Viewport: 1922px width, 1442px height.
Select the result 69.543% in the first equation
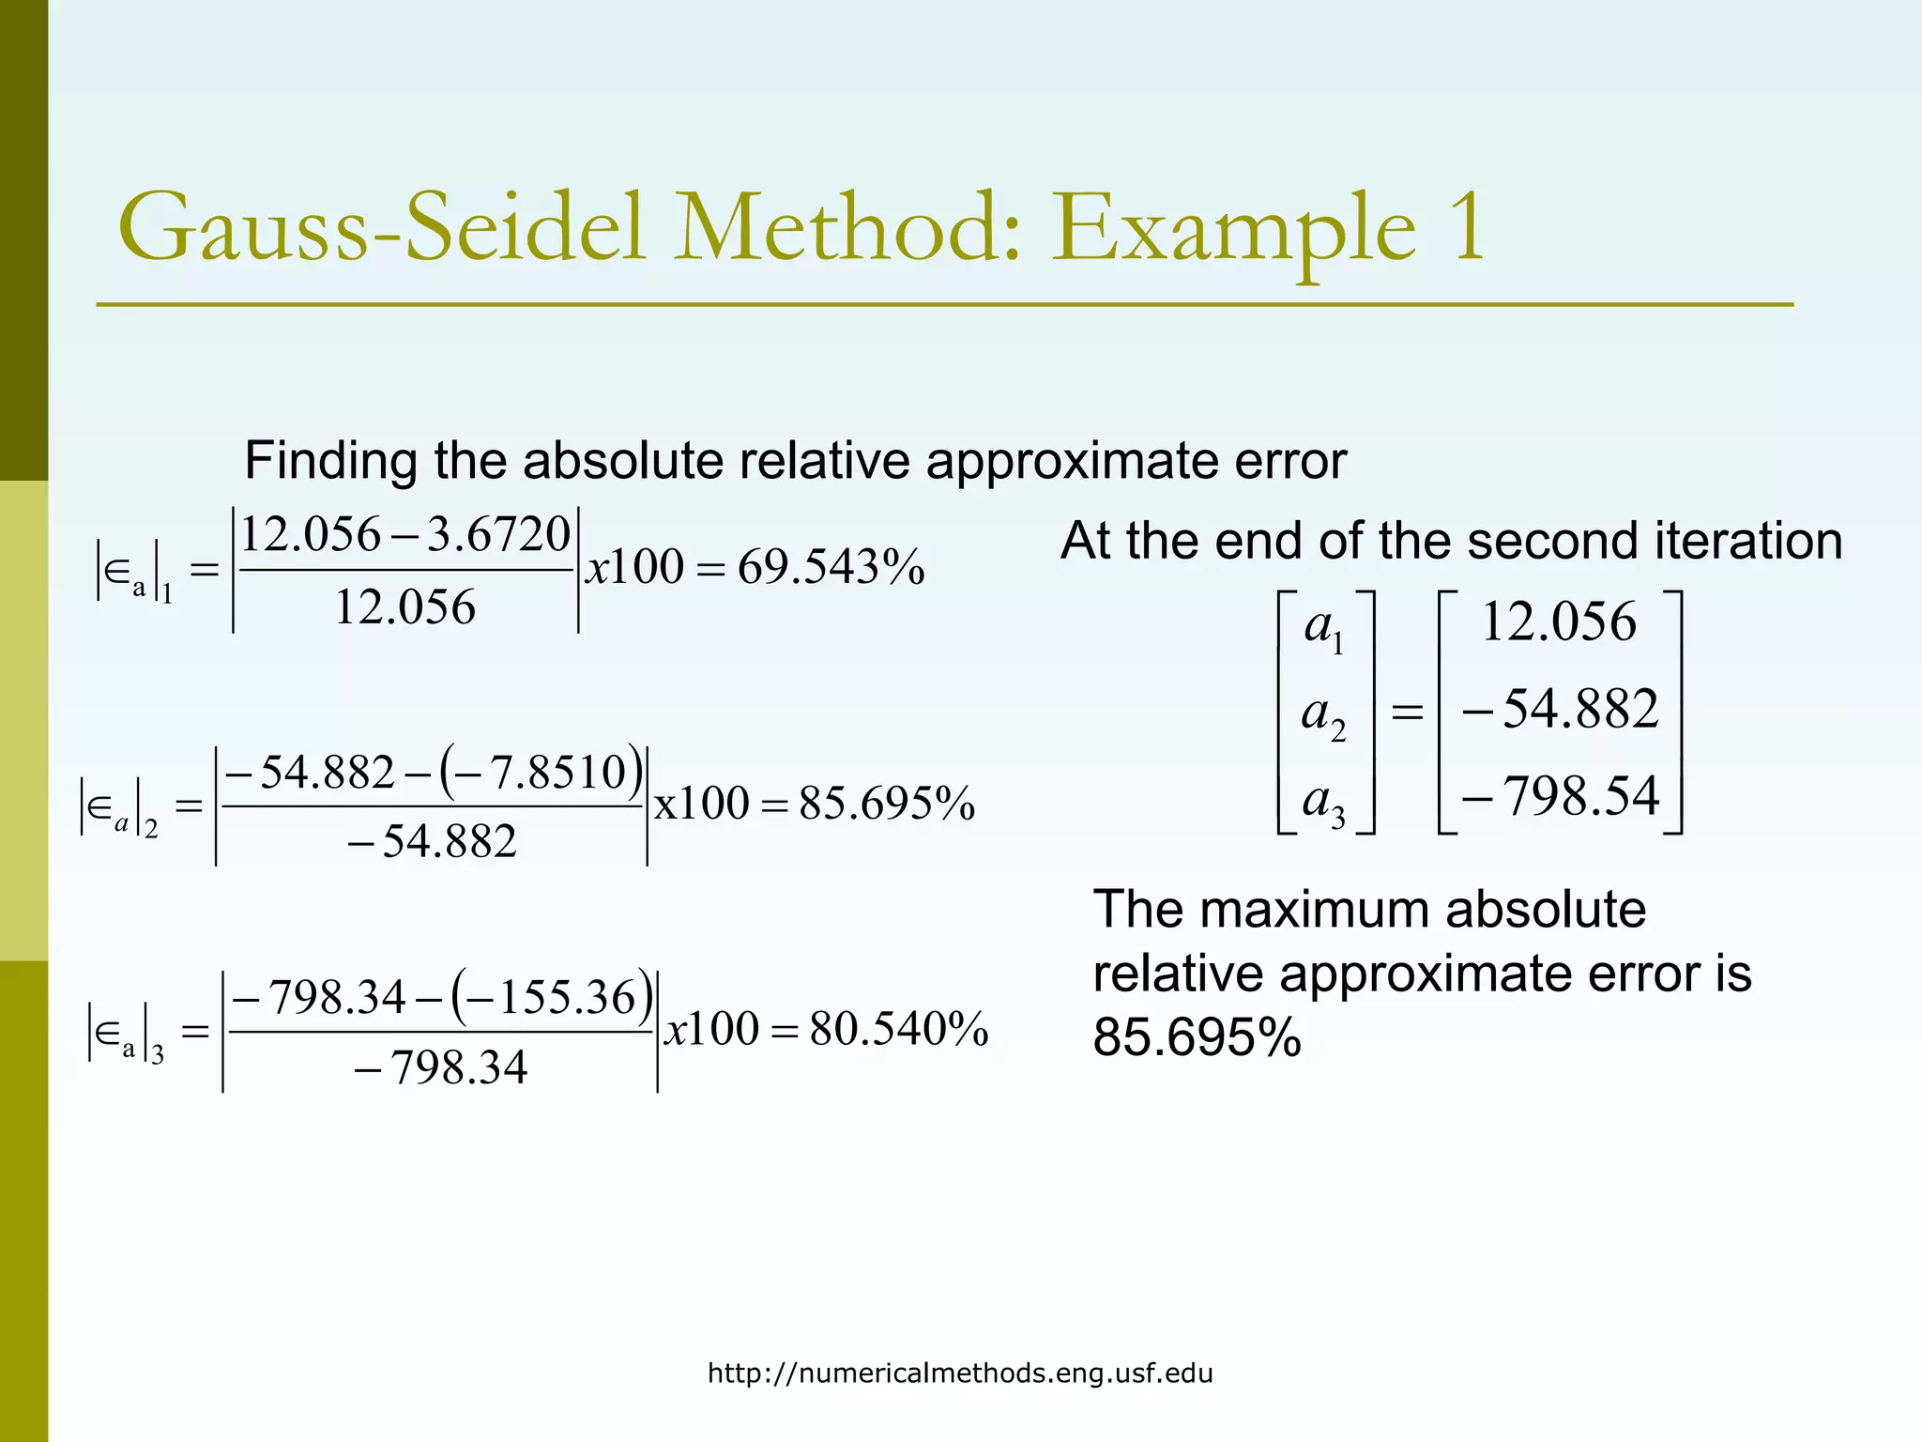[x=831, y=568]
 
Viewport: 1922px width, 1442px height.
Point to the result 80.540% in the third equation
[x=898, y=1029]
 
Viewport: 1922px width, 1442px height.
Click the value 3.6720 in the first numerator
[x=498, y=535]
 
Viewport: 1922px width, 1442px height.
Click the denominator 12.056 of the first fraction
[x=404, y=607]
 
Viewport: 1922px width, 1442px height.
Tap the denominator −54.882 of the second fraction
[x=432, y=841]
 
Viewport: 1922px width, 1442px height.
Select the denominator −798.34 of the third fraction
[x=441, y=1068]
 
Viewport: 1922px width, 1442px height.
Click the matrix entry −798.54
[x=1561, y=796]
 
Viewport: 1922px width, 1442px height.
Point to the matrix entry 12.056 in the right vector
[x=1559, y=621]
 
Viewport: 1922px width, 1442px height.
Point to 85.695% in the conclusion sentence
[x=1197, y=1037]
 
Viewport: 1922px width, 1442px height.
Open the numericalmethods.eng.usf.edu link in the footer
[x=960, y=1373]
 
